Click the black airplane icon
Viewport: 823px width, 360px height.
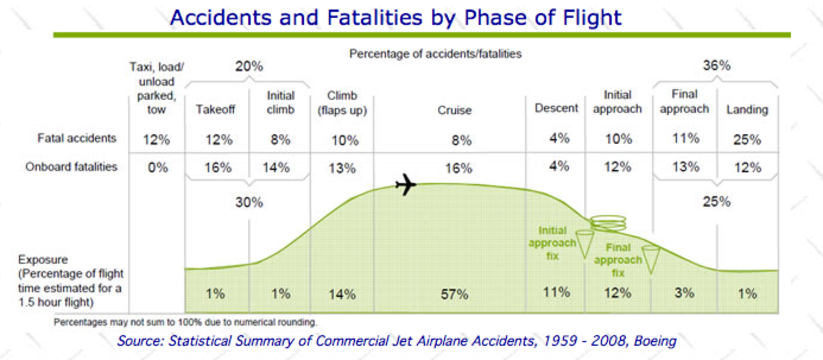pos(406,185)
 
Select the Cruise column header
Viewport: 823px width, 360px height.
pos(455,110)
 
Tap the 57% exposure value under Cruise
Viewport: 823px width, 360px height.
pos(455,294)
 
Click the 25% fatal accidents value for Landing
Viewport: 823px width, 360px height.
pos(747,140)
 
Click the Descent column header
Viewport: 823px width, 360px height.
pos(556,108)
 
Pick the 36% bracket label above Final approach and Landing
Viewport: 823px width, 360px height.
pos(717,66)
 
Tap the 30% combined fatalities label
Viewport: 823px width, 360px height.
pos(249,203)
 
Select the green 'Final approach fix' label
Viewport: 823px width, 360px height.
pos(618,260)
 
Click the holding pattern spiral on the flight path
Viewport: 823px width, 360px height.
pos(607,223)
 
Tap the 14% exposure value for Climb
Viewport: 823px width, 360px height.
pos(342,294)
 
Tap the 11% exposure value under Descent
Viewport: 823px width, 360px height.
pos(556,292)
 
